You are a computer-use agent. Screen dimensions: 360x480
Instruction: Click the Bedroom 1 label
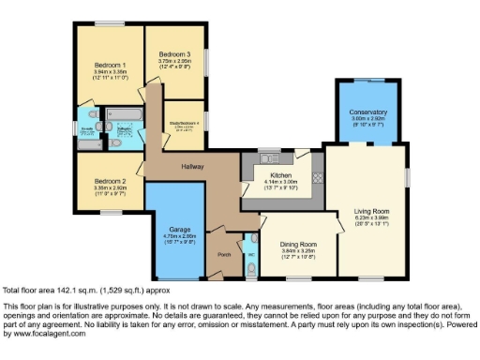pos(110,64)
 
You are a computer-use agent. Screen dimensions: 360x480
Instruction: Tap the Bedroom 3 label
pos(174,54)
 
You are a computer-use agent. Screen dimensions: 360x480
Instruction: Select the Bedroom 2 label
pos(110,181)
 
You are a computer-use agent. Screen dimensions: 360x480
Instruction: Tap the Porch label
pos(224,254)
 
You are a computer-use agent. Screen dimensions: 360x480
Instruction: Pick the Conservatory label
pos(369,112)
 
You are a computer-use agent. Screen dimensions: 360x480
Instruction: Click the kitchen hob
pos(317,175)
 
